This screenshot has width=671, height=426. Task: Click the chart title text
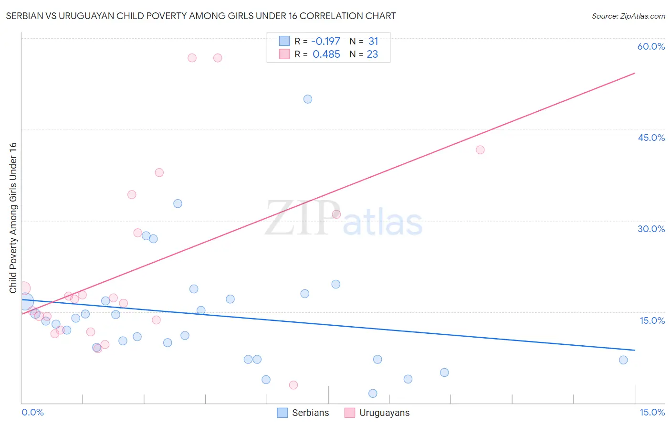coord(201,16)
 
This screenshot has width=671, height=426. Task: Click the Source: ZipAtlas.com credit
coord(628,16)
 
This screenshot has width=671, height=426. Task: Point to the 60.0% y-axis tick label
coord(651,46)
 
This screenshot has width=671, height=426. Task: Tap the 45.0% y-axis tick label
coord(651,138)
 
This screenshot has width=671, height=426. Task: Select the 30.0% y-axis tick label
coord(651,229)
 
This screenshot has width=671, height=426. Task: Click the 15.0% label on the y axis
coord(652,320)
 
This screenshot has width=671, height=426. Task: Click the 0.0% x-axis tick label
coord(32,412)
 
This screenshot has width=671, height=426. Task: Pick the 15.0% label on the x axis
coord(652,412)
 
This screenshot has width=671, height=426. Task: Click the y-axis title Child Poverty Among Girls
coord(13,217)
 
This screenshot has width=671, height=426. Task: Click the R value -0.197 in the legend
coord(325,42)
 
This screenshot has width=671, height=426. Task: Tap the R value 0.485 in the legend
coord(326,54)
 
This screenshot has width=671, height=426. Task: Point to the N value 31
coord(373,42)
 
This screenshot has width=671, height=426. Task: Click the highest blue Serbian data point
coord(308,99)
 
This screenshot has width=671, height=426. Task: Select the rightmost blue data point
coord(623,360)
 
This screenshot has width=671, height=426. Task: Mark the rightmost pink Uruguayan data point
coord(480,150)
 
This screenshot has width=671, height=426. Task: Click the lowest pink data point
coord(294,385)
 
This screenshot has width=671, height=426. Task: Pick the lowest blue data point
coord(373,394)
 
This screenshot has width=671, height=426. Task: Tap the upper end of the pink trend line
coord(635,73)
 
